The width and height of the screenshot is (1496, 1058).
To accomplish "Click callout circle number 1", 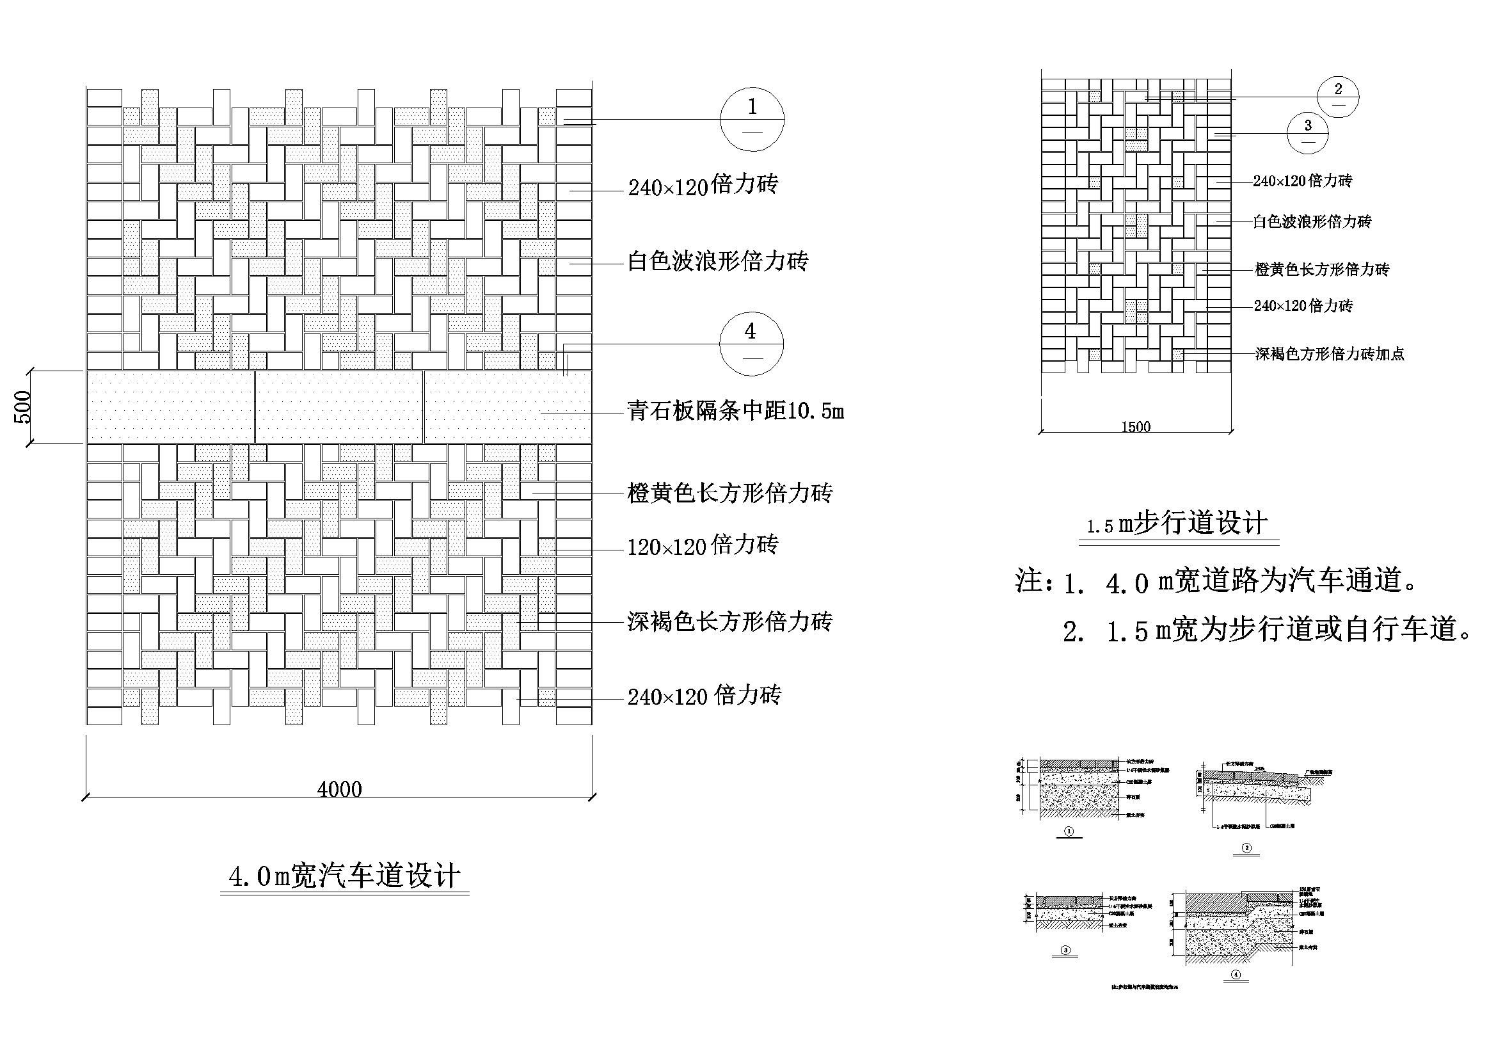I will pyautogui.click(x=752, y=119).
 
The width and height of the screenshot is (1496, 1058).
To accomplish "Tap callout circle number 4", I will pyautogui.click(x=751, y=344).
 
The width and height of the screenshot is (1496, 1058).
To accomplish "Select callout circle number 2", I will pyautogui.click(x=1338, y=97).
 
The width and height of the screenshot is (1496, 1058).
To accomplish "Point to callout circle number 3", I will pyautogui.click(x=1307, y=134).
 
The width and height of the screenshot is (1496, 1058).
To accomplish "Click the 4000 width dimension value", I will pyautogui.click(x=339, y=789).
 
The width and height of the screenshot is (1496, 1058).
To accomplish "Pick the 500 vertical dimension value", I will pyautogui.click(x=22, y=407).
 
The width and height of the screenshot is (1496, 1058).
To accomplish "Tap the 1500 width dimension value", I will pyautogui.click(x=1136, y=427).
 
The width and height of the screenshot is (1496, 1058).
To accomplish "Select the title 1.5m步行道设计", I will pyautogui.click(x=1178, y=524).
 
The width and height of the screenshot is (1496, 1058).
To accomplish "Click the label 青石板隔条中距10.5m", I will pyautogui.click(x=735, y=411).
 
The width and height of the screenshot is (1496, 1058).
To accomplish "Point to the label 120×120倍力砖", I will pyautogui.click(x=703, y=545).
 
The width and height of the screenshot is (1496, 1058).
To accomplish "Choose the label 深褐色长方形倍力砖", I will pyautogui.click(x=729, y=622).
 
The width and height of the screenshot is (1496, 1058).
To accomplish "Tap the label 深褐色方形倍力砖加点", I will pyautogui.click(x=1329, y=354).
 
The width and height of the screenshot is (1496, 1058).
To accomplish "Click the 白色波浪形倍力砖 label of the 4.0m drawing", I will pyautogui.click(x=717, y=261).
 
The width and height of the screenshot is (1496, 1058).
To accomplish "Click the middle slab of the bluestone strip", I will pyautogui.click(x=339, y=407).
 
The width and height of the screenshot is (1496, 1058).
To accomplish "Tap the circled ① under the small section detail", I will pyautogui.click(x=1069, y=832).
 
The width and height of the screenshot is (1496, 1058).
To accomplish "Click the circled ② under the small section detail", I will pyautogui.click(x=1247, y=848).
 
